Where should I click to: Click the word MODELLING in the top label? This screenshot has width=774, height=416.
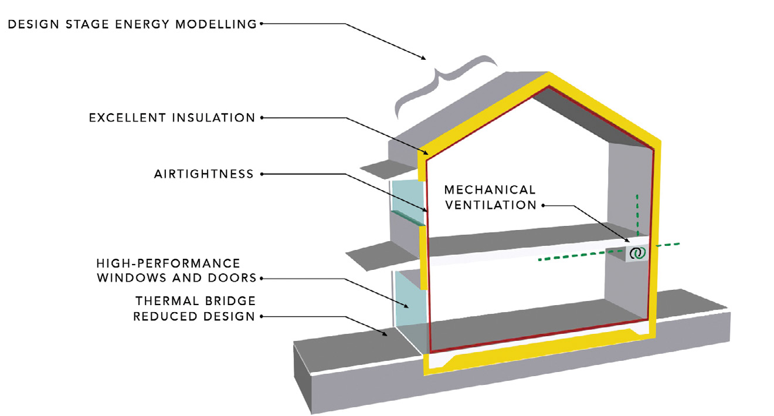[216, 24]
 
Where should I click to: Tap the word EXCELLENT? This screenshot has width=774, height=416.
[127, 118]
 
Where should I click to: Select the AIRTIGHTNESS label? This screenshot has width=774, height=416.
[204, 174]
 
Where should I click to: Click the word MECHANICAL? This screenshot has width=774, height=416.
[490, 190]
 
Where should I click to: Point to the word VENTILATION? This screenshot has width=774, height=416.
[491, 205]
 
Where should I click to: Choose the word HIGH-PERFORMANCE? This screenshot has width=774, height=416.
[168, 263]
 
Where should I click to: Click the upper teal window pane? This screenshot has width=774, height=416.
[407, 201]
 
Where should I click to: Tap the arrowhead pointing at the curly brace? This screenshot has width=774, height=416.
[423, 58]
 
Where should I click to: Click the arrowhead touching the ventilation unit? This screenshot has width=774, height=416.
[626, 239]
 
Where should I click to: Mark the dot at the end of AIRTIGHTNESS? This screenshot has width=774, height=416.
[262, 174]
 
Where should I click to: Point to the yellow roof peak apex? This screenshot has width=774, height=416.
[549, 73]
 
